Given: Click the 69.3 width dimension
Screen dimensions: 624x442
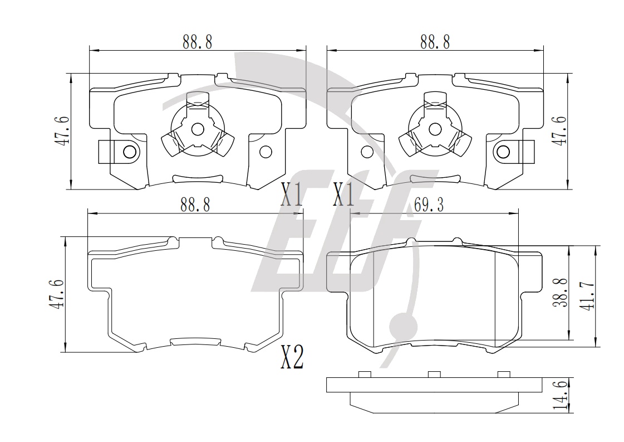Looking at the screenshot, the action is point(429,205).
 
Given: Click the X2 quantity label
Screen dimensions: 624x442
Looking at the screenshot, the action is point(292,357).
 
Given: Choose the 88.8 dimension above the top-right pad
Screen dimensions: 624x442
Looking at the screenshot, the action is point(435,42).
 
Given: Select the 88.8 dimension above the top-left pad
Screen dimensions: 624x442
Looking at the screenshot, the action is point(198,42).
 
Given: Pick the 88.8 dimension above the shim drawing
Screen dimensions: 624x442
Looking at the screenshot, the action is point(195,205).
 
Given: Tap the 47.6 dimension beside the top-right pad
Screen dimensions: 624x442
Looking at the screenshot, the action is point(561,131).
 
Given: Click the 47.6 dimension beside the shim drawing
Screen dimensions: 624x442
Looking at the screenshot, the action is point(56,294).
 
